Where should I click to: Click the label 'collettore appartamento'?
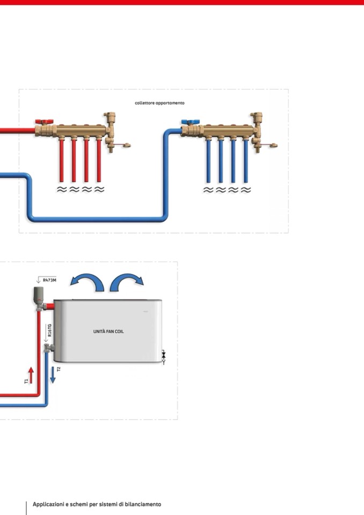159,103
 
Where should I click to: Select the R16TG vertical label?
50,329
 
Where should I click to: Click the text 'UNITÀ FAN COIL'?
108,331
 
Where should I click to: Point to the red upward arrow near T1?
31,374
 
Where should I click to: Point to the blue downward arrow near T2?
53,375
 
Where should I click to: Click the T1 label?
26,381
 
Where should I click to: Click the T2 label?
59,369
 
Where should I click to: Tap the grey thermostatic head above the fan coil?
38,294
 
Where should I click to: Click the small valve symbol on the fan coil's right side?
164,356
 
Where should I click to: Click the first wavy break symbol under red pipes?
62,190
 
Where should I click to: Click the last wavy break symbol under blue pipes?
245,190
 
